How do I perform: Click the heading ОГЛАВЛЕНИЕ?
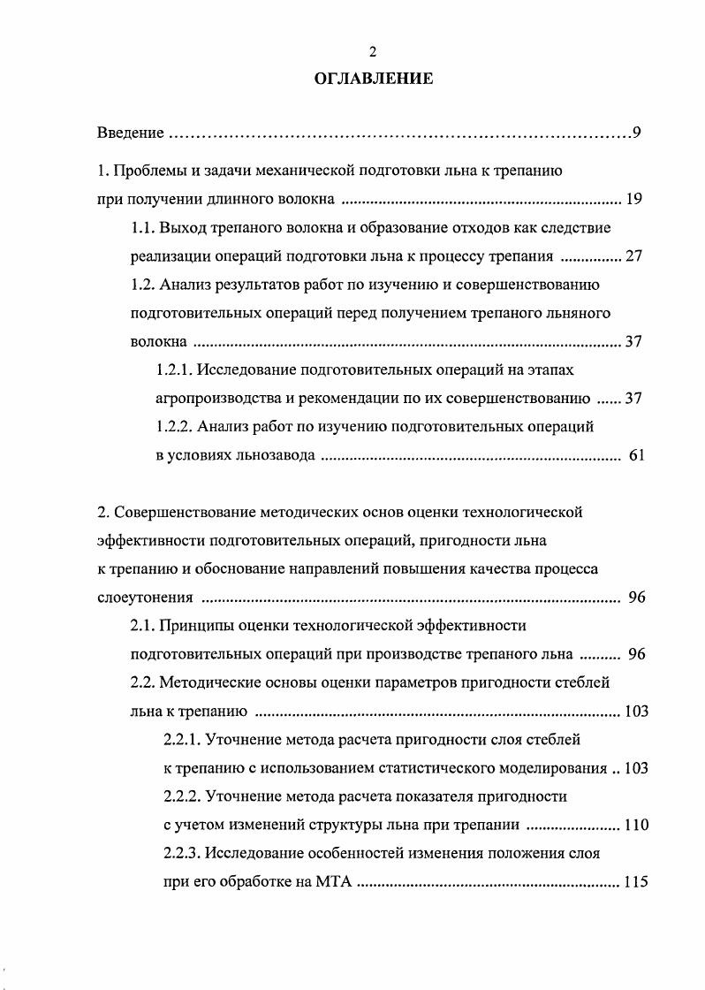[x=373, y=79]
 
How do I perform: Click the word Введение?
[x=130, y=133]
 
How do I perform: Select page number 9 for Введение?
[x=636, y=133]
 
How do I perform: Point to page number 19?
[x=633, y=198]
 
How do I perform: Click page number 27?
[x=633, y=256]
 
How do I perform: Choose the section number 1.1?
[x=143, y=227]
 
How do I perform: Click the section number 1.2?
[x=143, y=285]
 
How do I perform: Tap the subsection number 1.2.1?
[x=175, y=369]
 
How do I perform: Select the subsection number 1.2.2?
[x=175, y=427]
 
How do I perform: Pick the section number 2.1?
[x=143, y=626]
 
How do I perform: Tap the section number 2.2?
[x=143, y=683]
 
